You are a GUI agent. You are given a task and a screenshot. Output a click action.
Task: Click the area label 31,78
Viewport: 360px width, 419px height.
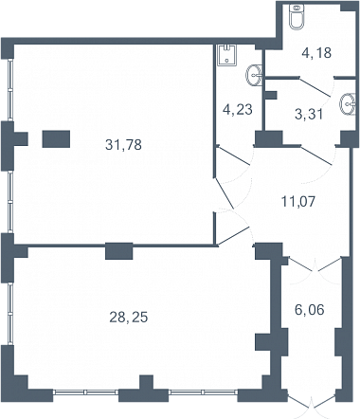(x=123, y=145)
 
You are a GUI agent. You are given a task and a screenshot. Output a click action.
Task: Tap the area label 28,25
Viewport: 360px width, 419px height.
(x=129, y=317)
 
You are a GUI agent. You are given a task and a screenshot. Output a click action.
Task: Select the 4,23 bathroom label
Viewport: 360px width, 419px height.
(x=238, y=110)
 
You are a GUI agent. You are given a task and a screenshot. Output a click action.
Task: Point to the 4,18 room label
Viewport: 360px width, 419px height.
(x=316, y=53)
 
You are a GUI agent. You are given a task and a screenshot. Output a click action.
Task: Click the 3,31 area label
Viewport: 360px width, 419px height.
(x=309, y=114)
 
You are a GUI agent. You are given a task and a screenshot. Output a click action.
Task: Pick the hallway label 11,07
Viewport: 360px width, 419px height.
(x=298, y=201)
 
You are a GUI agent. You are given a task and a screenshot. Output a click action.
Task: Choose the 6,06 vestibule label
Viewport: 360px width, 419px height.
(x=310, y=310)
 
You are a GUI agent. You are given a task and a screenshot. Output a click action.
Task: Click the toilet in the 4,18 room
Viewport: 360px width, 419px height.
(x=297, y=17)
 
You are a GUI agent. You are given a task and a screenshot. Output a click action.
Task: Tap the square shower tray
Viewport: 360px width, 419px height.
(x=227, y=55)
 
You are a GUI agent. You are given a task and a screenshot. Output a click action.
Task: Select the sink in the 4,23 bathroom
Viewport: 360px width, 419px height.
(x=254, y=75)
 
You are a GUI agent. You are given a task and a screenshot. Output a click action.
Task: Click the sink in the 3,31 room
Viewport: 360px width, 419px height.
(x=348, y=103)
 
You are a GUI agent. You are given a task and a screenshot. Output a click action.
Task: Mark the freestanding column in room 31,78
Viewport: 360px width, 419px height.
(x=56, y=139)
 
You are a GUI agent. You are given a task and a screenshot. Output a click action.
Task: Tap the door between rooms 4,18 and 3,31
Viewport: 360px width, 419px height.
(x=315, y=86)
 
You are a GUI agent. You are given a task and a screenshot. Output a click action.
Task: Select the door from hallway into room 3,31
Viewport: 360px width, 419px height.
(x=316, y=155)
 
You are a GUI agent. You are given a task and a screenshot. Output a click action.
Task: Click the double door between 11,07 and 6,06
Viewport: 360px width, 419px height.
(x=315, y=264)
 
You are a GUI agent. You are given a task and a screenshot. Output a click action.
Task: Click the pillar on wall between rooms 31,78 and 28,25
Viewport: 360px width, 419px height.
(x=118, y=251)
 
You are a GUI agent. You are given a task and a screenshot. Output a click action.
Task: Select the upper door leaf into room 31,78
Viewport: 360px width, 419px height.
(x=225, y=192)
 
